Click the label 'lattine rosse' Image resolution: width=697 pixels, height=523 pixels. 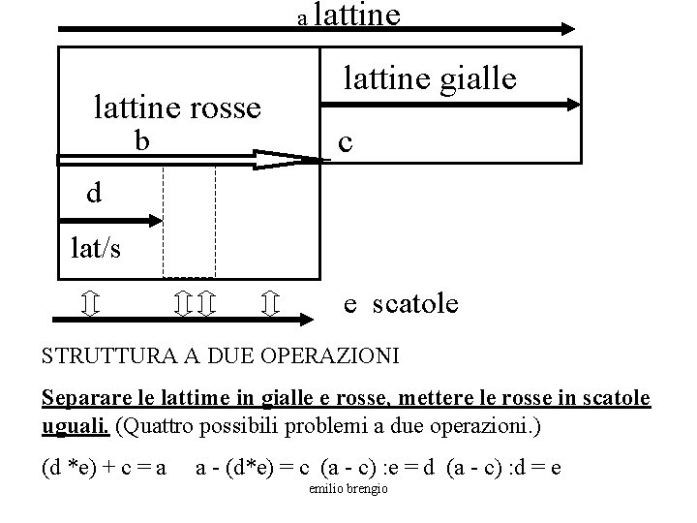coord(177,108)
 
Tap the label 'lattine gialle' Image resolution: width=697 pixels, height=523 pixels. coord(431,77)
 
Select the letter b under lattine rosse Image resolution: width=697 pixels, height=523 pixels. coord(142,141)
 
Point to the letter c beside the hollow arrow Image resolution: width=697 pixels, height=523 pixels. coord(345,142)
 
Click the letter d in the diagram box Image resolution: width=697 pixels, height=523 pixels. coord(93,194)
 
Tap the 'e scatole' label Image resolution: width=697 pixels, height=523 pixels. coord(402,304)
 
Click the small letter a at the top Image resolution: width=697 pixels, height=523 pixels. coord(301,18)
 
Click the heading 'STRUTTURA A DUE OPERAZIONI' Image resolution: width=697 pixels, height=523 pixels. coord(221,355)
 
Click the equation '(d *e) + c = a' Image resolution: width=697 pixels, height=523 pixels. coord(105,469)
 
